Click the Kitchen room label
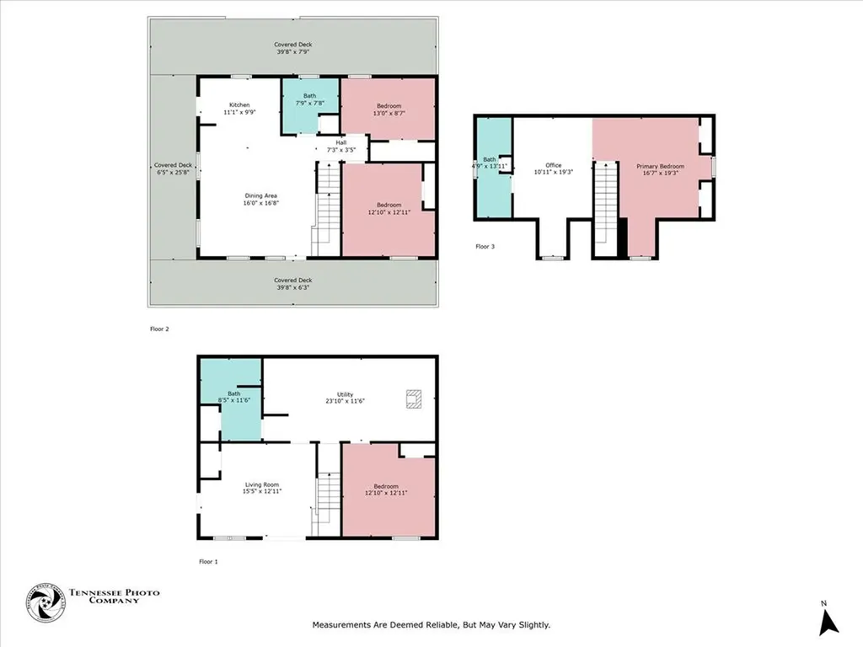click(240, 108)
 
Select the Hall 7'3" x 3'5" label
click(341, 147)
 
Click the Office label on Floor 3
click(553, 168)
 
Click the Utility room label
click(346, 398)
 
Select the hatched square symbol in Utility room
click(414, 398)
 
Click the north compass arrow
click(828, 621)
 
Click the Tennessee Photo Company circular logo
click(46, 603)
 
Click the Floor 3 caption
click(486, 247)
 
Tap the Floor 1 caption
click(208, 561)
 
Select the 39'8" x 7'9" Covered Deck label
click(292, 49)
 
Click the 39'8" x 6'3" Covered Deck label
click(292, 283)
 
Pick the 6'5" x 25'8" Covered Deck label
click(174, 168)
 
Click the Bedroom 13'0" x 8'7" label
click(389, 110)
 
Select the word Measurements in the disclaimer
click(342, 625)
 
